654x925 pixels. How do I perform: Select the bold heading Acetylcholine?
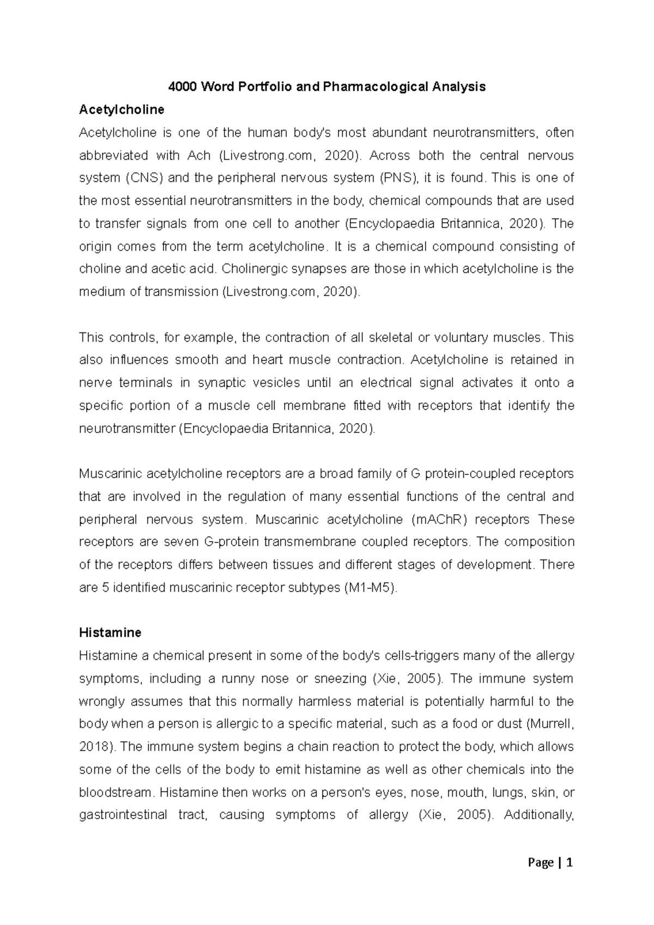[122, 109]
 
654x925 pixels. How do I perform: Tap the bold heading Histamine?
[110, 632]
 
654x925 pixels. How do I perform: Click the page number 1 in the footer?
[570, 863]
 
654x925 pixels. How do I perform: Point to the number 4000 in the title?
[184, 87]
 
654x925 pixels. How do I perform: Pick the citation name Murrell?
[552, 724]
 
